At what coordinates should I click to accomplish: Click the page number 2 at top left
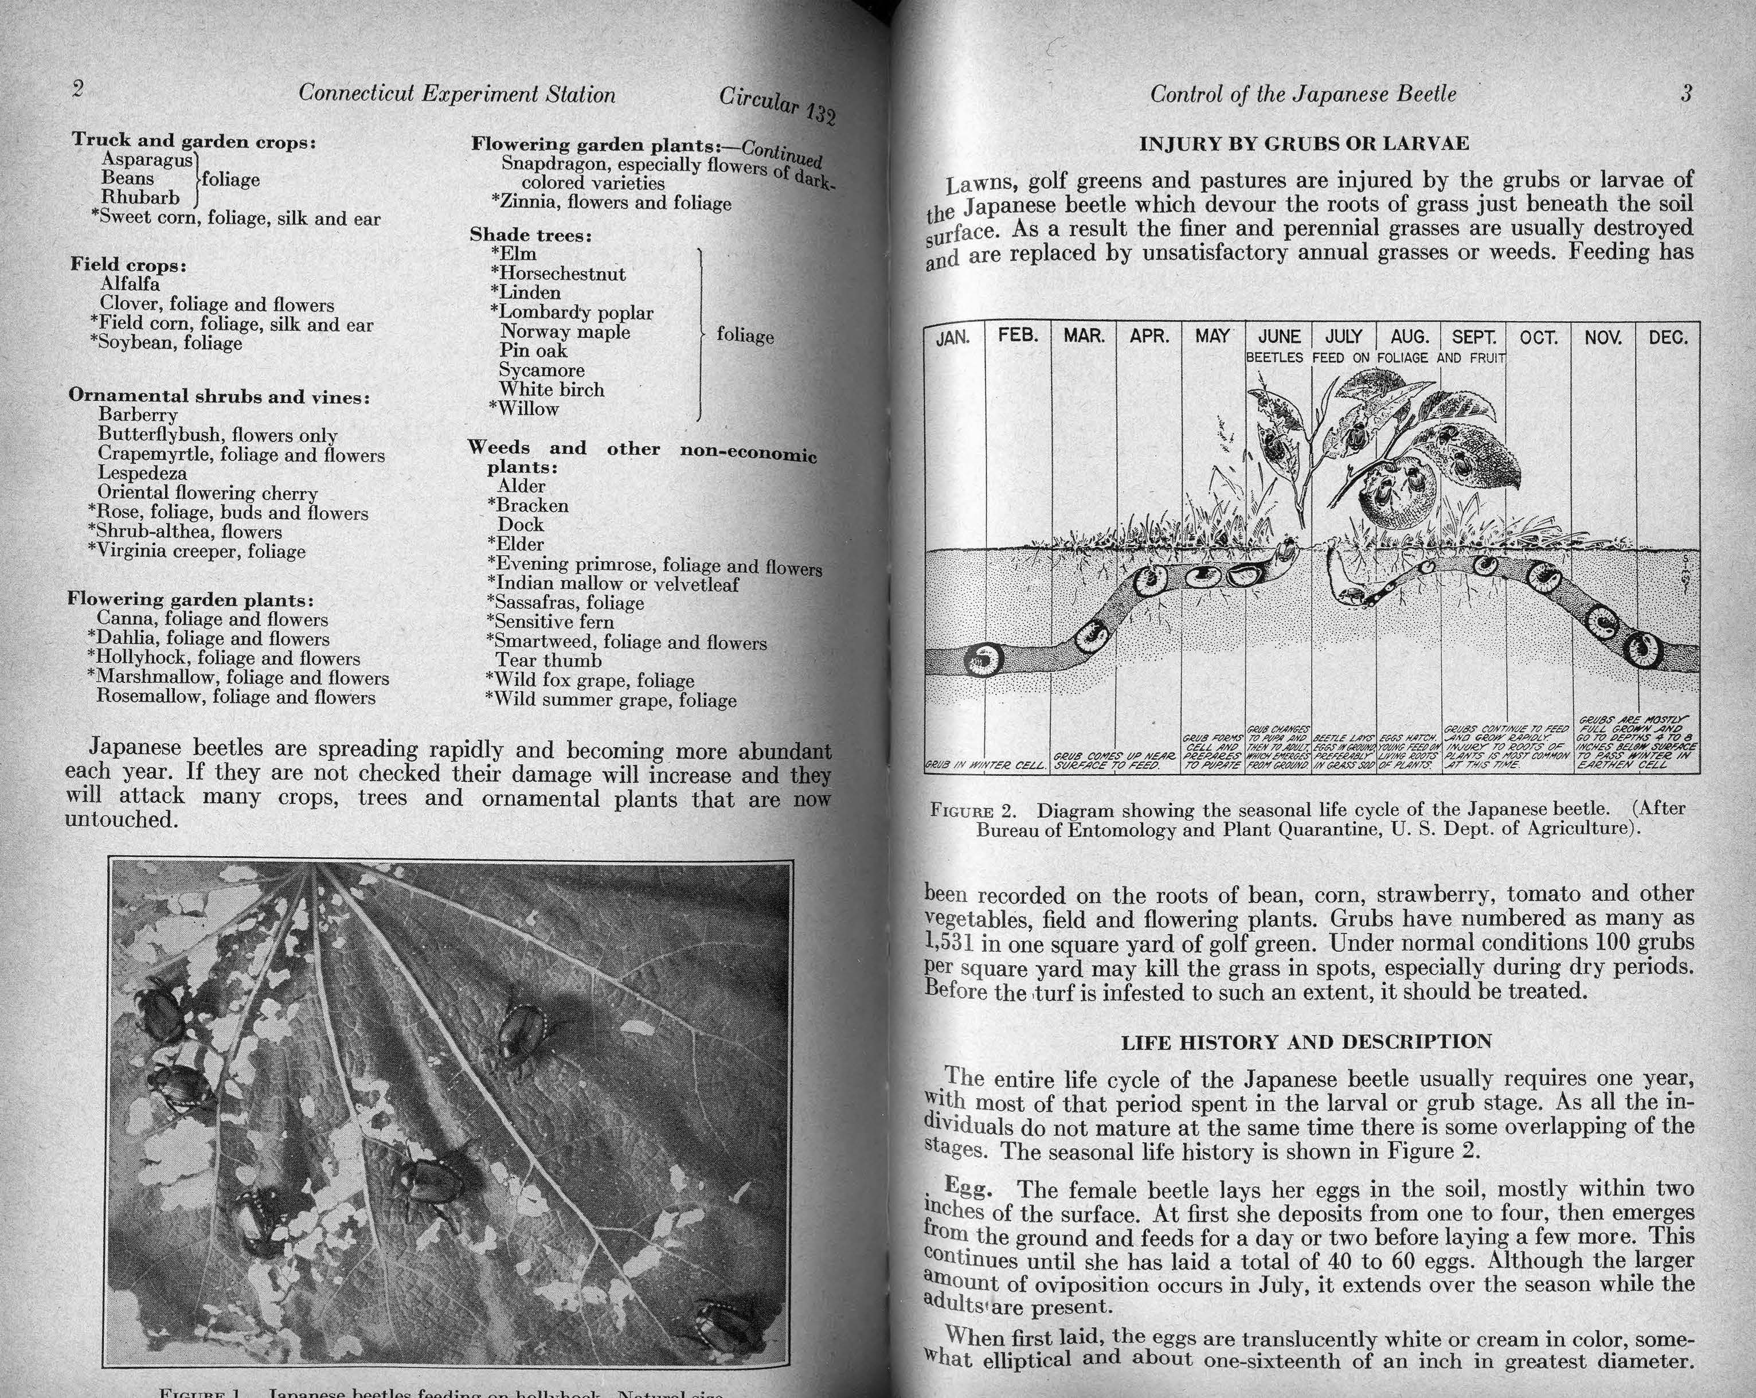(78, 89)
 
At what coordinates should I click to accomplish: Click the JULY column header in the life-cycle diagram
(1344, 337)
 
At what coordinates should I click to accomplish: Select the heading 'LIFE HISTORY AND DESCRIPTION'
(1307, 1042)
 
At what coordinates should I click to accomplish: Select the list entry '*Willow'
(525, 409)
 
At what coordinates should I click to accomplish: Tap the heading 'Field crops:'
(128, 265)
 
